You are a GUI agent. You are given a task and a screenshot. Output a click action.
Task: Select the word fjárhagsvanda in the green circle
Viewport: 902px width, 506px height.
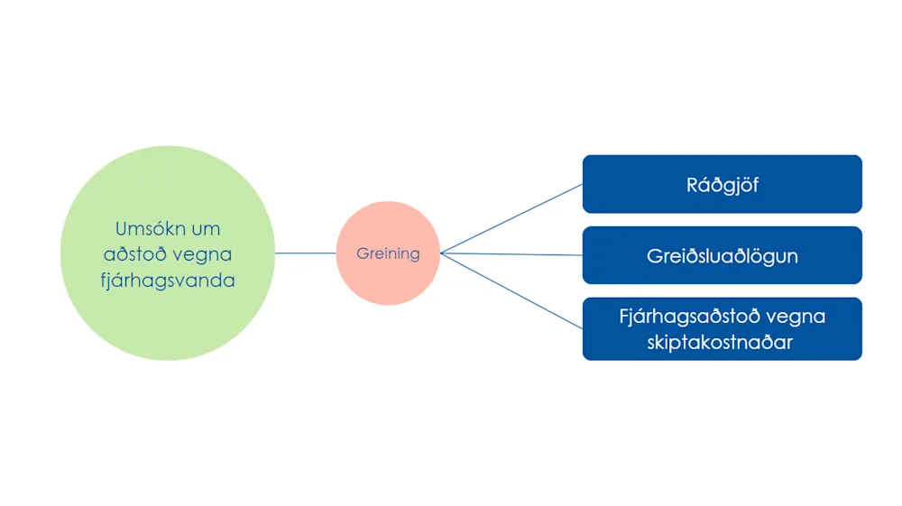pos(168,281)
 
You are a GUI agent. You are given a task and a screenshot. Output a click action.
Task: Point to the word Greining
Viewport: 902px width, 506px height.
pos(388,253)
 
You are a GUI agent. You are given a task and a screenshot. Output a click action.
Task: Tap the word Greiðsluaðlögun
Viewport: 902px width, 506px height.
pos(723,256)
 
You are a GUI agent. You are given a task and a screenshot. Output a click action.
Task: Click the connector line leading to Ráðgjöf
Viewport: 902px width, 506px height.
pos(511,218)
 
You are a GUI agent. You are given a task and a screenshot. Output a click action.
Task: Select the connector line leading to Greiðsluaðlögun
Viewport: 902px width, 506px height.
pos(511,254)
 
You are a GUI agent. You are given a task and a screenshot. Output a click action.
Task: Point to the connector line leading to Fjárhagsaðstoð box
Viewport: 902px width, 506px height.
pos(511,290)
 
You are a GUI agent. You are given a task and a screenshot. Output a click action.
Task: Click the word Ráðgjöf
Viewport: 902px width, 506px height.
pos(723,185)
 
